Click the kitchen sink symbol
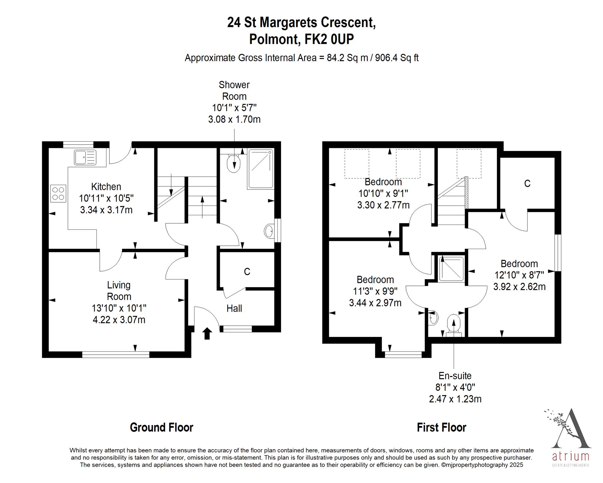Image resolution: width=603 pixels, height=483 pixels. pyautogui.click(x=85, y=157)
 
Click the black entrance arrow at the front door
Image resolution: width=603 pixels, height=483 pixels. pyautogui.click(x=207, y=333)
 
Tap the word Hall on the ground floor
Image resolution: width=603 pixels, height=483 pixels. pyautogui.click(x=234, y=308)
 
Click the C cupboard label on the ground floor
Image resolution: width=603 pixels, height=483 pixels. pyautogui.click(x=247, y=272)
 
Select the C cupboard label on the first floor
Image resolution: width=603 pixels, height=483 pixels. pyautogui.click(x=527, y=184)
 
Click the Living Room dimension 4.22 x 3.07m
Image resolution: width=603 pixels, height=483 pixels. pyautogui.click(x=119, y=320)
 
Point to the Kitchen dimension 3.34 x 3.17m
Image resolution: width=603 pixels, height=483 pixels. pyautogui.click(x=106, y=210)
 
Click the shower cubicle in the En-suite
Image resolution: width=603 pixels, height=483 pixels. pyautogui.click(x=451, y=269)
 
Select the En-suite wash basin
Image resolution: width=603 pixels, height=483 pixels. pyautogui.click(x=433, y=318)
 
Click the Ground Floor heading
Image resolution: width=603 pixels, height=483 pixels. pyautogui.click(x=162, y=427)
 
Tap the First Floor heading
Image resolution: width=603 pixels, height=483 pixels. pyautogui.click(x=441, y=427)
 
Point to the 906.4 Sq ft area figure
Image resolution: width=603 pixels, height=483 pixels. pyautogui.click(x=397, y=58)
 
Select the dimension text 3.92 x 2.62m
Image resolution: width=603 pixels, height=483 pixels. pyautogui.click(x=519, y=286)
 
